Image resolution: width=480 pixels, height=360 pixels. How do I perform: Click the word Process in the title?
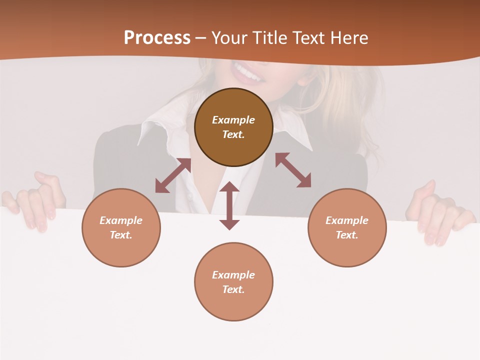157,38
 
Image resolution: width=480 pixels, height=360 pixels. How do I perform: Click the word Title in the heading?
270,38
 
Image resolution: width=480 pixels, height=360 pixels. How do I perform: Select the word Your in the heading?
230,38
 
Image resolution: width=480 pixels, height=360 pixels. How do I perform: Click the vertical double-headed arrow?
229,205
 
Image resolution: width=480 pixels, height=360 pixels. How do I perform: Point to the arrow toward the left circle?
173,175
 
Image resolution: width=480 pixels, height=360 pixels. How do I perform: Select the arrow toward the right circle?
293,170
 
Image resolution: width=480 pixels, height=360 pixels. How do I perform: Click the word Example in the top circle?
233,120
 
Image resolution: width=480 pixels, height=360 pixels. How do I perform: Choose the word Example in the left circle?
121,220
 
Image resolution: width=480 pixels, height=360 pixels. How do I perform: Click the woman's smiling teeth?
248,74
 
